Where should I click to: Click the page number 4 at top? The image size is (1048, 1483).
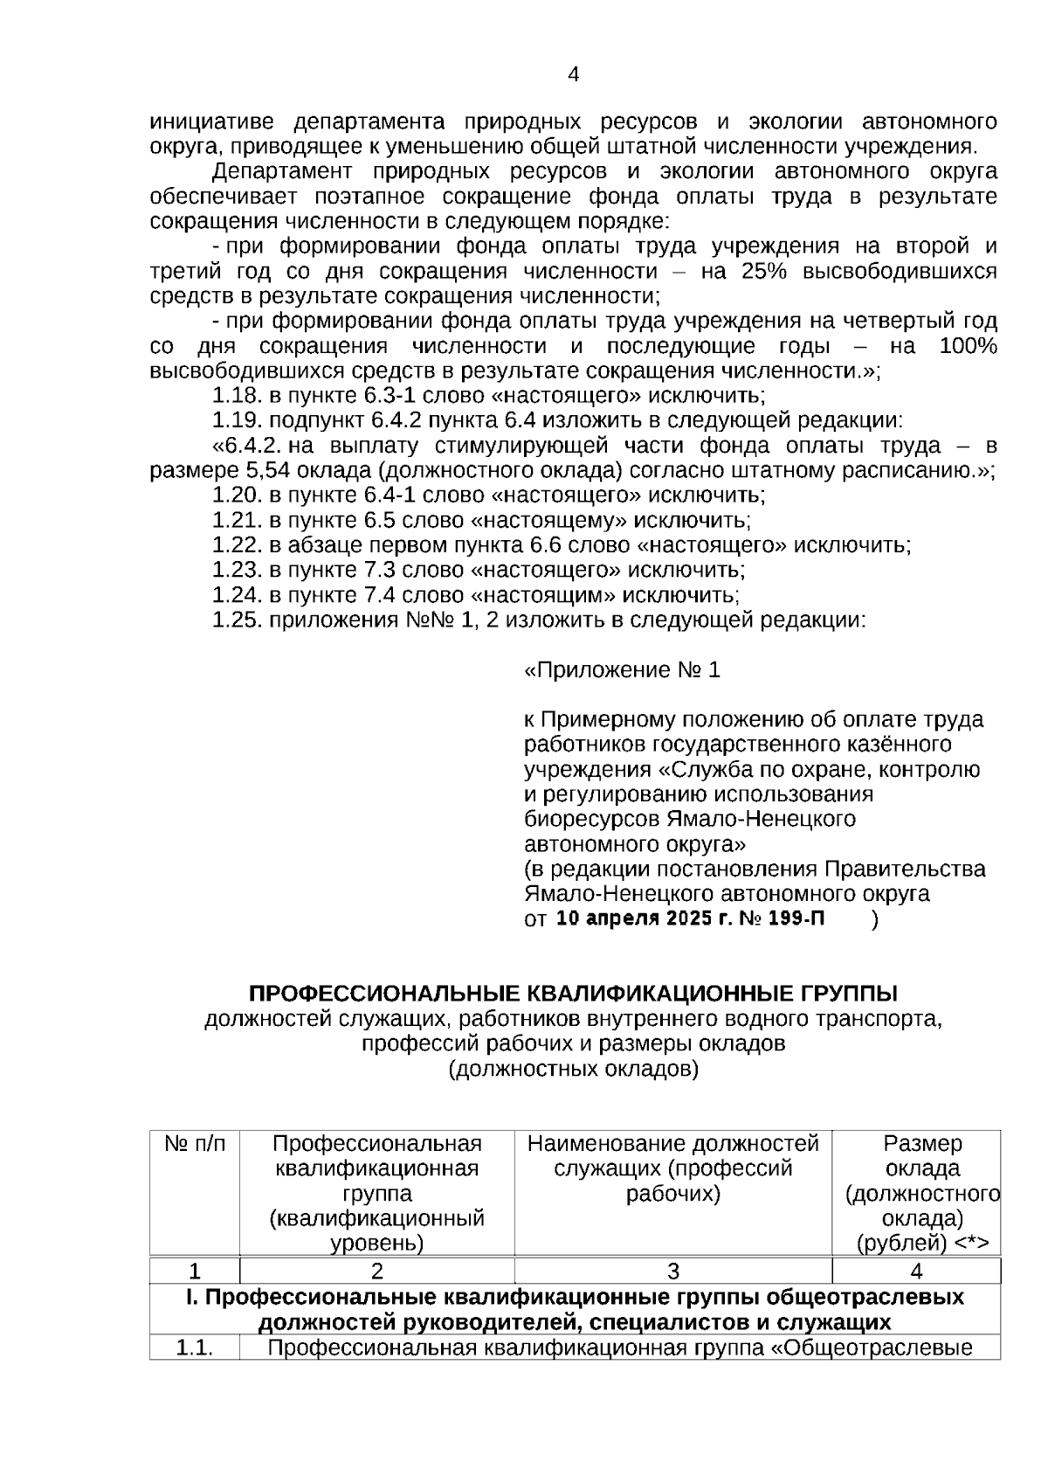click(x=573, y=75)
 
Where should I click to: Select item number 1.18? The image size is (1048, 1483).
click(x=238, y=396)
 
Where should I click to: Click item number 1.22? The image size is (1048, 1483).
click(x=238, y=545)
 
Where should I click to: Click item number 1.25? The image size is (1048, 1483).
click(x=238, y=620)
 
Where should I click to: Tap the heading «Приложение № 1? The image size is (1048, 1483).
click(x=622, y=670)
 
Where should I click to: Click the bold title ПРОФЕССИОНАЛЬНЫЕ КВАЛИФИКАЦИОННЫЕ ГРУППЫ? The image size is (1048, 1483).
click(x=573, y=994)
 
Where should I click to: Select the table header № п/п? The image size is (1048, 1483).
click(x=195, y=1144)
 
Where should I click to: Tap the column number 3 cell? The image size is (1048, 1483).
click(x=672, y=1271)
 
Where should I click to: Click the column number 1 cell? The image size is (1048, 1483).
click(x=195, y=1271)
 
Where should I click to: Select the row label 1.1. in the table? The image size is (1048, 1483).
click(x=195, y=1348)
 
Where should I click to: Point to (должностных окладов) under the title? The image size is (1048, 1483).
click(x=573, y=1069)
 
